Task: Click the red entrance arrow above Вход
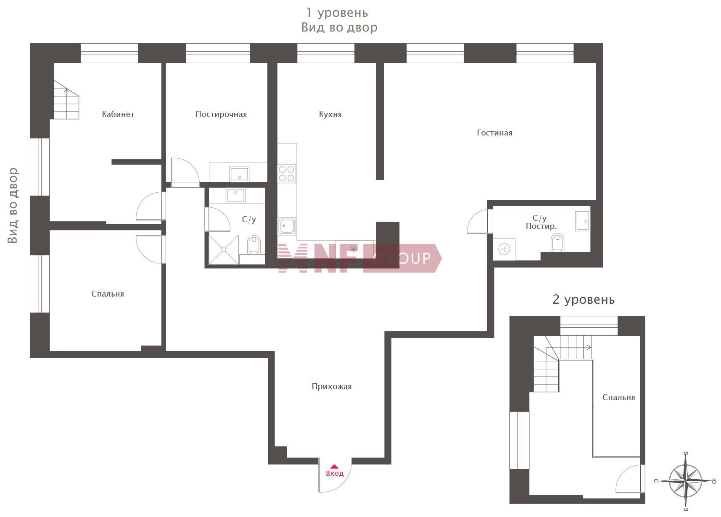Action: [334, 466]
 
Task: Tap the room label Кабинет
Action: [118, 114]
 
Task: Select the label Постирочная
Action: [221, 114]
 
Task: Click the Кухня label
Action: [330, 114]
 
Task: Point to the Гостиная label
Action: [494, 133]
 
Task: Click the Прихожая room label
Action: [332, 386]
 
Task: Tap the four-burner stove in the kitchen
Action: [287, 174]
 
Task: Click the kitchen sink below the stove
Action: [287, 226]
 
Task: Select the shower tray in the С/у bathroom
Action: [224, 250]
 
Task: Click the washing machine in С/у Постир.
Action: [504, 249]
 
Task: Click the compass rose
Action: [685, 480]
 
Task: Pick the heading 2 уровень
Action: [584, 300]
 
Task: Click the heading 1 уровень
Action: [337, 13]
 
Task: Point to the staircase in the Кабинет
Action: [66, 100]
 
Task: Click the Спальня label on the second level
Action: [618, 397]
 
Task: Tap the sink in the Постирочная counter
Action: [239, 173]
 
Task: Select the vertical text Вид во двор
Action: [13, 206]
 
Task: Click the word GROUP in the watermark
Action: [402, 258]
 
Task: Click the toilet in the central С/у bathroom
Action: [254, 244]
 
